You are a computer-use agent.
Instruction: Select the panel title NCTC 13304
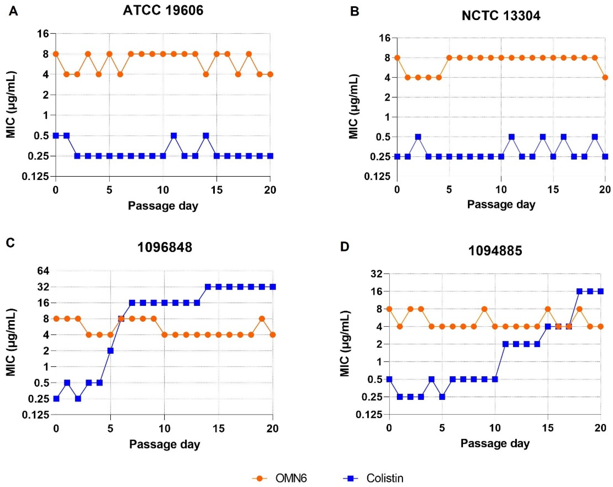[501, 16]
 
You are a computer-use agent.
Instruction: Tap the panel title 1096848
[165, 248]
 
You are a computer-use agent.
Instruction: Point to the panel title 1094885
[495, 251]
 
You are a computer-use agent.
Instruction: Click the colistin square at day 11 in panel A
[174, 136]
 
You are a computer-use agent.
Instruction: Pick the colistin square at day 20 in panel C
[273, 287]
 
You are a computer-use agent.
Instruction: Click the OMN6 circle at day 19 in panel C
[262, 319]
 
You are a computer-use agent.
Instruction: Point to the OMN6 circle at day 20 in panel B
[605, 77]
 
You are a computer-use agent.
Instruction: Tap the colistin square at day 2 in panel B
[418, 137]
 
